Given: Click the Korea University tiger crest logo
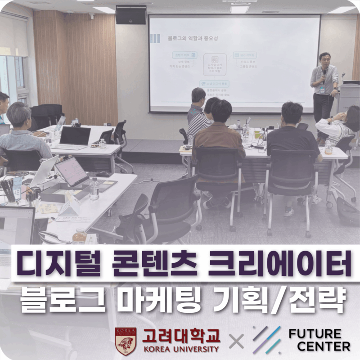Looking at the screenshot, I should click(126, 341).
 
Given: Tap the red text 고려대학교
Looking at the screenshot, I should click(181, 335).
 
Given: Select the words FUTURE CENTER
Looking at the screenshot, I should click(319, 340).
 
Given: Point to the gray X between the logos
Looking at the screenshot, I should click(236, 341).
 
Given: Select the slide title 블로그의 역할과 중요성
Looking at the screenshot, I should click(192, 39).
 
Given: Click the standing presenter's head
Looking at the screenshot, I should click(324, 59).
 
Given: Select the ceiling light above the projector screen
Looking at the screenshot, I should click(240, 9).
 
